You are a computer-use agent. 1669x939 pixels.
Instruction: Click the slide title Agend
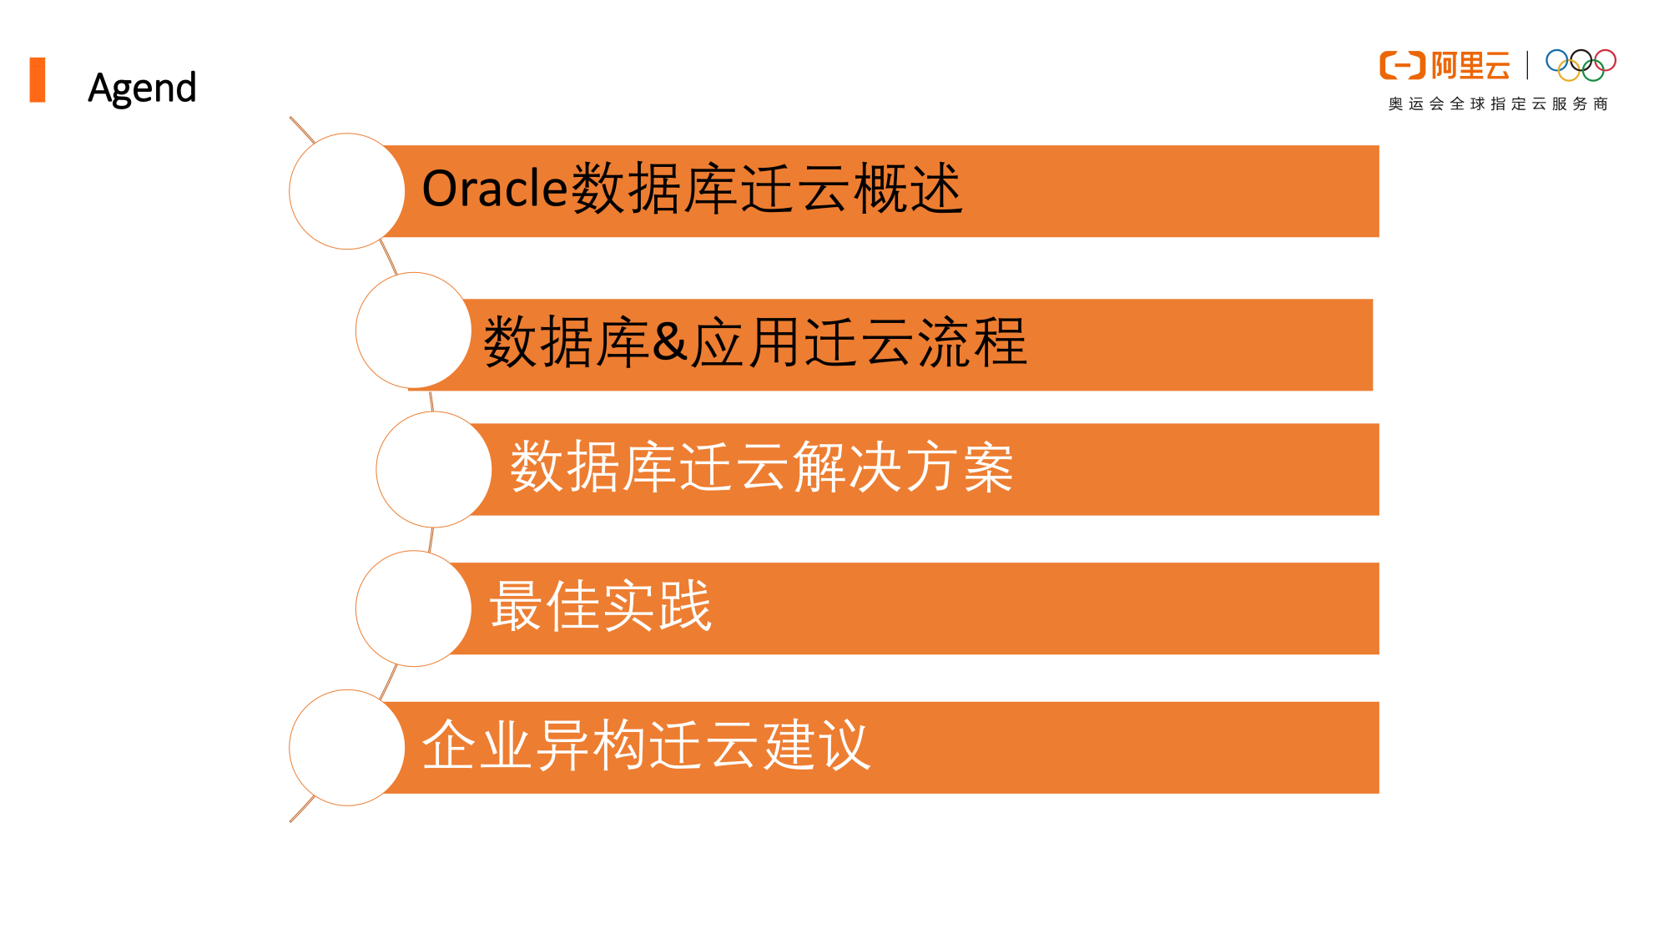(x=142, y=88)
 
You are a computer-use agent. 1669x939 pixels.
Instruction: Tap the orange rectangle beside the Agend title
(x=38, y=80)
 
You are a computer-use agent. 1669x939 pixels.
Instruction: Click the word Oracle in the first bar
(x=495, y=189)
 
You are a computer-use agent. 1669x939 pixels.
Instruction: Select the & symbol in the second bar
(x=669, y=341)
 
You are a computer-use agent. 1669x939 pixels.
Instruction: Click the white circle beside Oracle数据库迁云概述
(x=347, y=191)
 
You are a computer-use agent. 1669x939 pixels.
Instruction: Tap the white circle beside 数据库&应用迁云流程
(x=414, y=331)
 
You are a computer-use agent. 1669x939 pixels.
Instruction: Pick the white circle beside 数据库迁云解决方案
(x=434, y=470)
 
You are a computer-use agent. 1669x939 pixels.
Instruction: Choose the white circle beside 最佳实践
(x=414, y=608)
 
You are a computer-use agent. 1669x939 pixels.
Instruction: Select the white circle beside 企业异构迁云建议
(x=347, y=748)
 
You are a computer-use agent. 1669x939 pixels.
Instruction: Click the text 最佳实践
(x=601, y=606)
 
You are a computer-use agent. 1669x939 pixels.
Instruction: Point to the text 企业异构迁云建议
(x=647, y=745)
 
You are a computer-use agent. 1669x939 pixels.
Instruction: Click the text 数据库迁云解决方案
(x=762, y=467)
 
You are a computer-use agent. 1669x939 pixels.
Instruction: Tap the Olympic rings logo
(x=1581, y=65)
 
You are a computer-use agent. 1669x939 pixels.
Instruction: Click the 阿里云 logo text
(x=1470, y=66)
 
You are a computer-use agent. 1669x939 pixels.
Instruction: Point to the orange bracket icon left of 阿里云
(x=1402, y=66)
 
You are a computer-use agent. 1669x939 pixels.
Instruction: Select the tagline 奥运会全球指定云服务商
(x=1498, y=104)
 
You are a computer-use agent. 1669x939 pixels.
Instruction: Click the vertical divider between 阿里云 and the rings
(x=1527, y=65)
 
